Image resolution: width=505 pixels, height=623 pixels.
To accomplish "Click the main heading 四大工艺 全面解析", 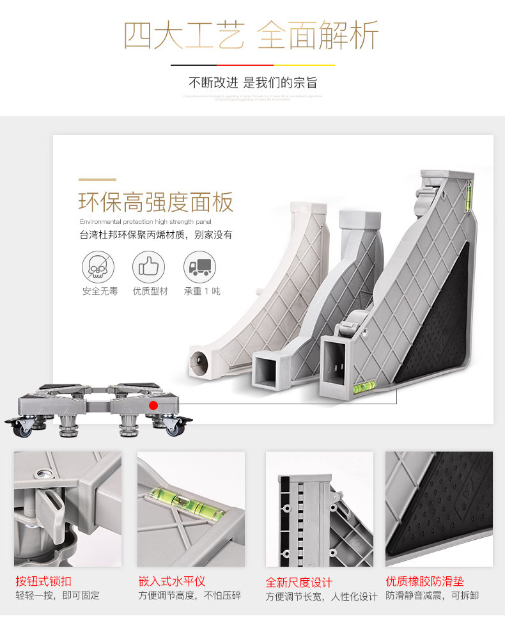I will pos(251,36).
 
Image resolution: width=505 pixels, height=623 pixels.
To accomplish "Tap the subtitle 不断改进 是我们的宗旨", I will pos(252,83).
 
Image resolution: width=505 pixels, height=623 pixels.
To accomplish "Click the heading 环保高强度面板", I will pos(156,202).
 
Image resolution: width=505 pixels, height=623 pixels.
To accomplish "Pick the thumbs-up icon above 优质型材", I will pos(149,267).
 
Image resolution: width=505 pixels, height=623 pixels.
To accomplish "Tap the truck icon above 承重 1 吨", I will pos(199,267).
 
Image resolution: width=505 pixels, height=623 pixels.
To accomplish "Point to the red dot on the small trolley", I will pos(153,405).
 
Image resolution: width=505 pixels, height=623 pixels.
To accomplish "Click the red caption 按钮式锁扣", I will pos(43,581).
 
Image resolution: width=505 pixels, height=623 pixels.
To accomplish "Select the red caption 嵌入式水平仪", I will pos(172,581).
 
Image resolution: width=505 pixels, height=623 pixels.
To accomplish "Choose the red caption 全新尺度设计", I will pos(299,582).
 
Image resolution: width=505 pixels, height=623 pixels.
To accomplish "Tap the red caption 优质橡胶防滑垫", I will pos(424,581).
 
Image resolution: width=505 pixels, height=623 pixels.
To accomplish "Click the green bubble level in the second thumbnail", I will pos(182,501).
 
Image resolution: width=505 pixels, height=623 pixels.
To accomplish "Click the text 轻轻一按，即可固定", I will pos(58,595).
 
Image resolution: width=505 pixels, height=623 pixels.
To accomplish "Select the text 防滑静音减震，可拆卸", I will pos(432,595).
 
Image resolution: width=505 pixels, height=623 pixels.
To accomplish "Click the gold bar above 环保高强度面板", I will pos(97,180).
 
